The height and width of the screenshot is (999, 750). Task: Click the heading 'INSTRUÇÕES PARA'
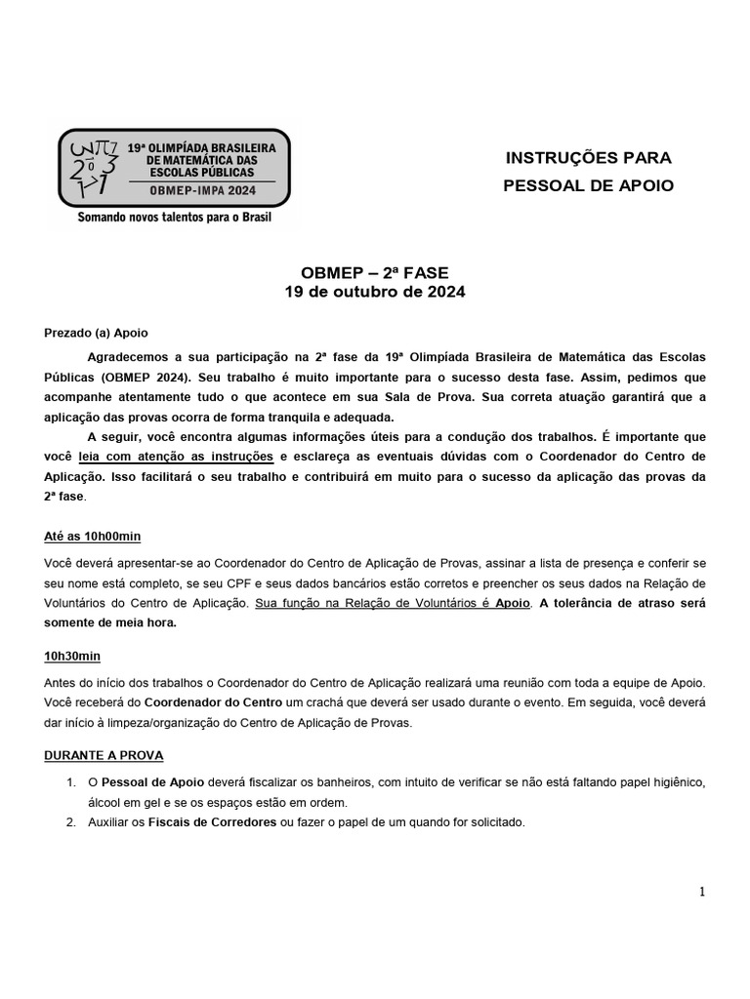coord(588,157)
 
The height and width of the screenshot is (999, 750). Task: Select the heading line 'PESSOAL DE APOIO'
coord(588,185)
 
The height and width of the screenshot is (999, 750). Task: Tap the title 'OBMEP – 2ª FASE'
coord(375,273)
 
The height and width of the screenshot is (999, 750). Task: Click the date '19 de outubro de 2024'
coord(375,292)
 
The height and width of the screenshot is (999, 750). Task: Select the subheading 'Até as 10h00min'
coord(93,538)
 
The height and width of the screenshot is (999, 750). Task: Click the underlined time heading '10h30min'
coord(73,655)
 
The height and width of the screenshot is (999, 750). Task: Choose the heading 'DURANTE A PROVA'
coord(104,755)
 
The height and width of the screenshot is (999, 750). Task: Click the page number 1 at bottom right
coord(702,891)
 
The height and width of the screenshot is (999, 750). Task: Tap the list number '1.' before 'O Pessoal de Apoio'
coord(71,782)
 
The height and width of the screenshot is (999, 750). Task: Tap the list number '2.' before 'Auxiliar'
coord(71,822)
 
